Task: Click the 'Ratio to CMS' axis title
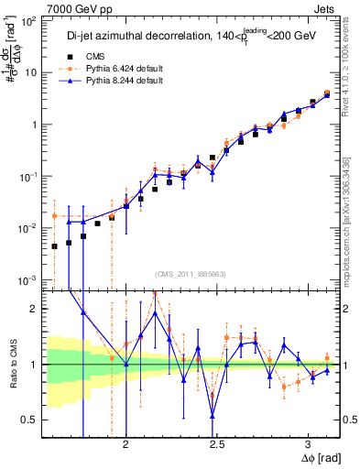11,364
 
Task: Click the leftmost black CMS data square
54,245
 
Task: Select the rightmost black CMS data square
327,94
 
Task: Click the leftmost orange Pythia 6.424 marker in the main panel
54,216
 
